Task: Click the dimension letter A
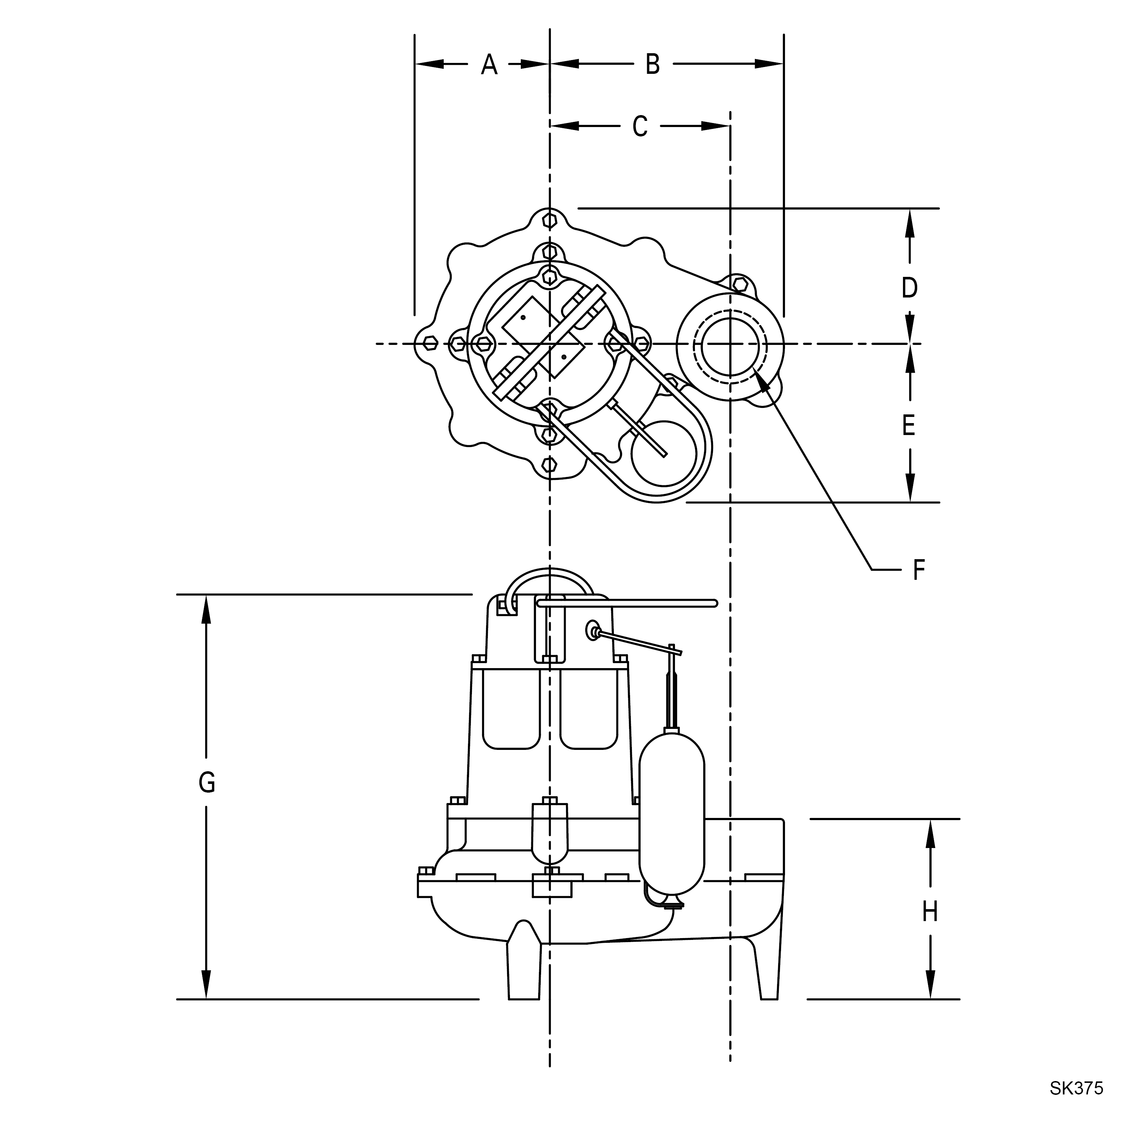click(x=489, y=64)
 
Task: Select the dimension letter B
click(x=653, y=64)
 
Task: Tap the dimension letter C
click(x=640, y=126)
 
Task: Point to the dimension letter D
click(x=909, y=288)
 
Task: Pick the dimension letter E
click(x=908, y=426)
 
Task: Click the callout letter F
click(x=919, y=570)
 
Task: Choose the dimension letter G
click(x=207, y=783)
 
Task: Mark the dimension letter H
click(x=930, y=911)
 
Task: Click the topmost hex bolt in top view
click(x=549, y=221)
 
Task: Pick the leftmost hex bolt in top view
click(x=430, y=343)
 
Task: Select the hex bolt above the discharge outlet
click(x=740, y=285)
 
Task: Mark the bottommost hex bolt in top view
click(x=549, y=465)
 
